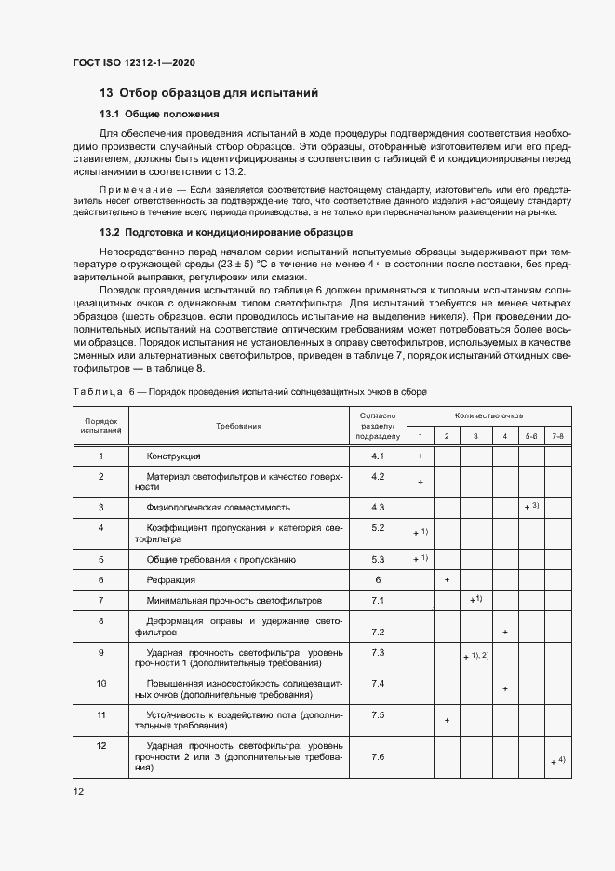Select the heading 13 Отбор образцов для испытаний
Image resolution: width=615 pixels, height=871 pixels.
pos(209,93)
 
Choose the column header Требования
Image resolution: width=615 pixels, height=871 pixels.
pos(238,425)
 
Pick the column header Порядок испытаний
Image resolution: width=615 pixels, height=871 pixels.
pos(100,425)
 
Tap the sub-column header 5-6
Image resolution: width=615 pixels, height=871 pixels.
pos(530,436)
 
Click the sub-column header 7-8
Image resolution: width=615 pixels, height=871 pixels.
pos(557,436)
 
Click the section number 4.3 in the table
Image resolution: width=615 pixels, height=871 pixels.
pos(378,508)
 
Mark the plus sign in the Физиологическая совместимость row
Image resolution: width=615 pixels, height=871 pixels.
pos(527,508)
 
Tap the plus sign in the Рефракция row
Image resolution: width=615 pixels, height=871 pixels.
pos(448,579)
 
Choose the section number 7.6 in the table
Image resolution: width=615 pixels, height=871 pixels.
pos(378,756)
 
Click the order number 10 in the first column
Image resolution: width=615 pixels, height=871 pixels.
pos(100,684)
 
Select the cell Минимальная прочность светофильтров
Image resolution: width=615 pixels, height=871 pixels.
pos(234,601)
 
